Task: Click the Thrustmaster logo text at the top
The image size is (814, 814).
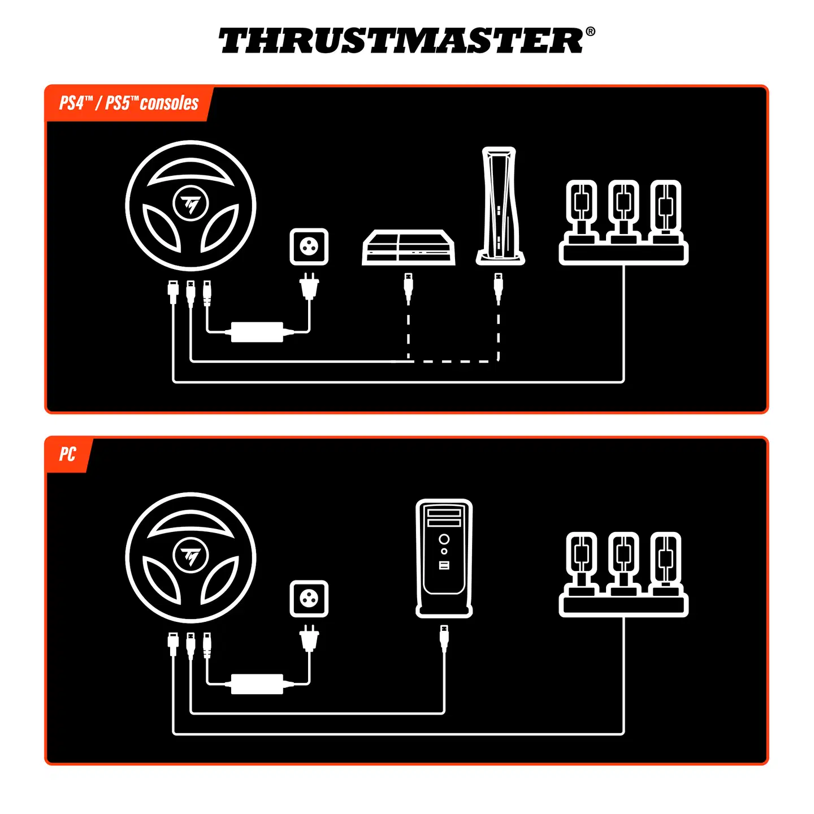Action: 401,41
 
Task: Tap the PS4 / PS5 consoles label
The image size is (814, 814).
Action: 129,103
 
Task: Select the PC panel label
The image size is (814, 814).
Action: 67,454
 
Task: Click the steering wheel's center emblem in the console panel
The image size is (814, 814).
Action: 190,203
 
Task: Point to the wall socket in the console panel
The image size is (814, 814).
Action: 309,246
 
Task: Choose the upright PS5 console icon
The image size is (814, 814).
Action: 499,206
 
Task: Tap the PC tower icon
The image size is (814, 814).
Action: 444,557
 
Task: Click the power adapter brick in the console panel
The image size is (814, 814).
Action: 257,331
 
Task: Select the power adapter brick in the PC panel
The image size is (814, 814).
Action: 257,683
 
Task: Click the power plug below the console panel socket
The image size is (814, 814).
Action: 309,285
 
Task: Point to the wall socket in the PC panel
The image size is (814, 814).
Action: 309,598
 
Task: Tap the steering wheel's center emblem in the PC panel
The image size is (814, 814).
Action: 190,556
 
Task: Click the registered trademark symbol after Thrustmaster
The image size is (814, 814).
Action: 590,32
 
